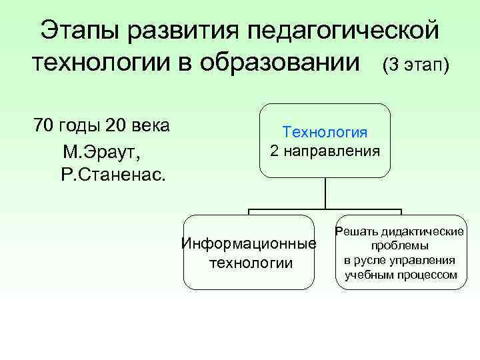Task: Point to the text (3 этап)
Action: [x=416, y=65]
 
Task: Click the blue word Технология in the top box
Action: [x=325, y=132]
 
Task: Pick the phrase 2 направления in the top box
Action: [x=325, y=151]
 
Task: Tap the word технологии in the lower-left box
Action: [x=251, y=263]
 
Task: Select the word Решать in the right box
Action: [x=357, y=232]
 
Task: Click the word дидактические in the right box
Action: [x=423, y=232]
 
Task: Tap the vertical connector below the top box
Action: [x=325, y=193]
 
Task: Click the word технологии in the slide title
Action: [x=105, y=64]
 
